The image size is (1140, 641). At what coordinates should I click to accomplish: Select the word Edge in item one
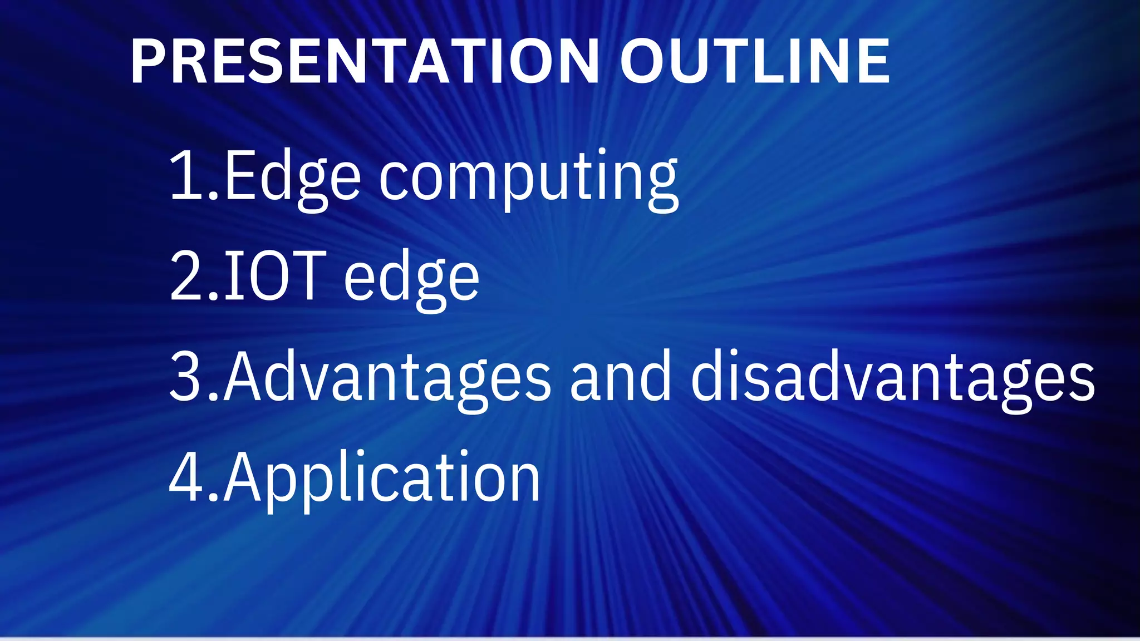292,178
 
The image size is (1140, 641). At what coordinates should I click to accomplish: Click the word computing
529,178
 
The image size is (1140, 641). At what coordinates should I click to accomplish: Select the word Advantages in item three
387,378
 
